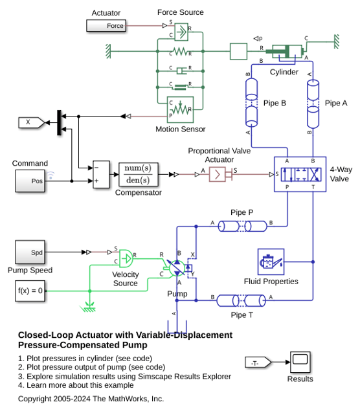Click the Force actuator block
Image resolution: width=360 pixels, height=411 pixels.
(106, 26)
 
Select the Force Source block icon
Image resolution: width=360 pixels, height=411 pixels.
(181, 32)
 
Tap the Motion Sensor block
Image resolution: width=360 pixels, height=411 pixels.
(181, 109)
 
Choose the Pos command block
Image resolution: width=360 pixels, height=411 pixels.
(30, 181)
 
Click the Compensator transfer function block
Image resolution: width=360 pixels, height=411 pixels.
(139, 174)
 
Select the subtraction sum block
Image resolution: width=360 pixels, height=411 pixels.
(101, 174)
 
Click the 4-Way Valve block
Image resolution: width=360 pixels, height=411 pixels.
(300, 174)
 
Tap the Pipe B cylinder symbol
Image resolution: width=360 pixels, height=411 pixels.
(251, 102)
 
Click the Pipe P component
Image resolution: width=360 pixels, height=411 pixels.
(243, 226)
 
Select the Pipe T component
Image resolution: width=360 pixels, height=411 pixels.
(242, 300)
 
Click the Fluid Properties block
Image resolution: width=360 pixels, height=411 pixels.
(271, 261)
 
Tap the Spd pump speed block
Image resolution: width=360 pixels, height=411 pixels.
(30, 252)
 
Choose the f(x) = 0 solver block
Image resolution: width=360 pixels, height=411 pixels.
(30, 291)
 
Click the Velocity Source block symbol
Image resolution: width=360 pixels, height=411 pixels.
(126, 259)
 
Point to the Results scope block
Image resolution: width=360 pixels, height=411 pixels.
(300, 362)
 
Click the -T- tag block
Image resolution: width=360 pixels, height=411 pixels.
(258, 362)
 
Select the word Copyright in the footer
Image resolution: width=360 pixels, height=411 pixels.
(34, 399)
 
